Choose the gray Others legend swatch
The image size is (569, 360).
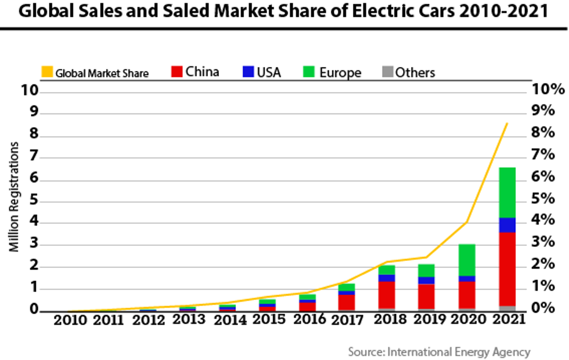click(386, 72)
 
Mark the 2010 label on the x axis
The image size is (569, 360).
click(70, 320)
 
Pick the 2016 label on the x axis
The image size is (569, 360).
click(309, 320)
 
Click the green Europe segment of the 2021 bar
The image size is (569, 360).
click(507, 192)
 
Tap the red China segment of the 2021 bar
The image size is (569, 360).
click(507, 269)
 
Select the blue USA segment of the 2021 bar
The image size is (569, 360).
click(507, 225)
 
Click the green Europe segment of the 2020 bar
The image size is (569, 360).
click(466, 260)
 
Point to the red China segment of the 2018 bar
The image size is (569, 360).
click(386, 295)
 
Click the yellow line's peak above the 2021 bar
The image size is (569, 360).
click(507, 123)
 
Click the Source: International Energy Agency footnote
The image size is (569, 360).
click(439, 352)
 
